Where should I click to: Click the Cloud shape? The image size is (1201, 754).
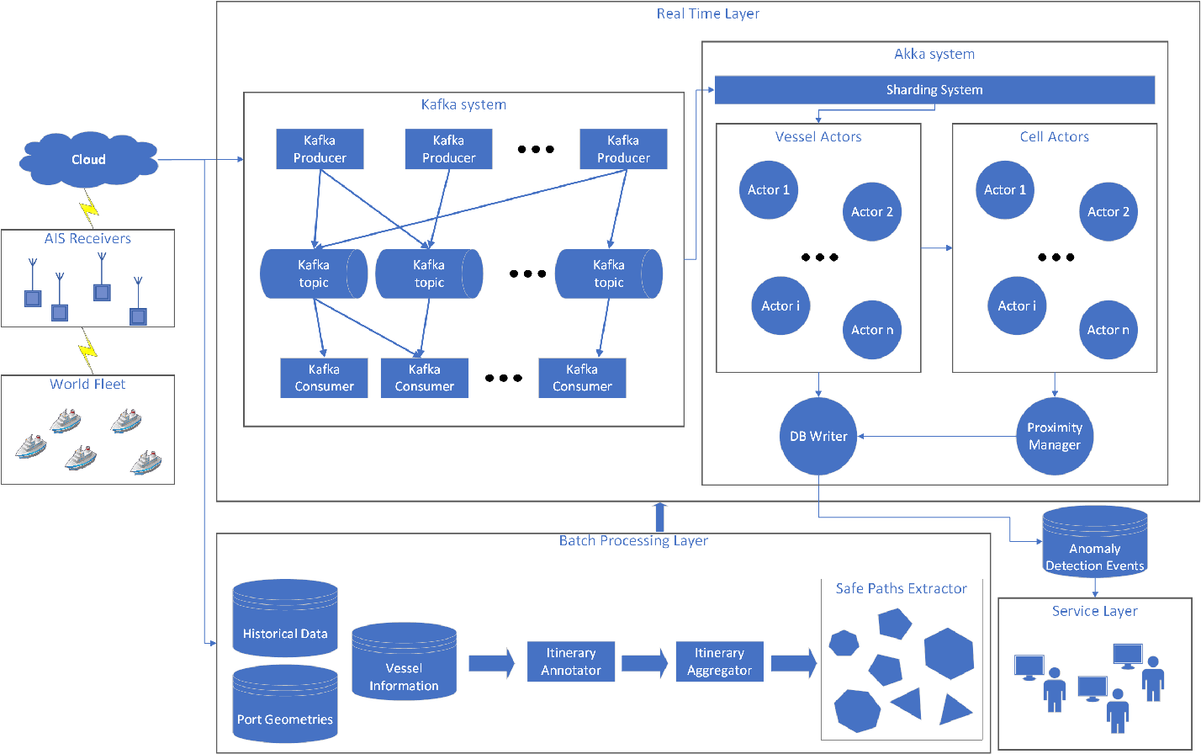(88, 159)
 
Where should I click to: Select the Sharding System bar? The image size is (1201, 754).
(934, 90)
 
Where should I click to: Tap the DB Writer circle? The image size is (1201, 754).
(818, 436)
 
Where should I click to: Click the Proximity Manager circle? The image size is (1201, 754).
(1054, 436)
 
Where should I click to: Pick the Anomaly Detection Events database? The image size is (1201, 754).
(1094, 544)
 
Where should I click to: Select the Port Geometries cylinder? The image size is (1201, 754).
(285, 705)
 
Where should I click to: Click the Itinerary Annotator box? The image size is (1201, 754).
(570, 661)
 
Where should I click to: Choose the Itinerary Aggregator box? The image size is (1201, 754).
(719, 661)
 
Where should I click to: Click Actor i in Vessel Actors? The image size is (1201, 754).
(780, 305)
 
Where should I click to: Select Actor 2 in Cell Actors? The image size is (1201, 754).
(1108, 212)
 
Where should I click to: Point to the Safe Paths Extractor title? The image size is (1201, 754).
(901, 588)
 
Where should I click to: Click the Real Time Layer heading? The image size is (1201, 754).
(707, 13)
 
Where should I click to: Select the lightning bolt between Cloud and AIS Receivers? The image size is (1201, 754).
(87, 206)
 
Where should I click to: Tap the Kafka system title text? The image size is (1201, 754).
(463, 105)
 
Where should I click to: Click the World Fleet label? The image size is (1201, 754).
(87, 384)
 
